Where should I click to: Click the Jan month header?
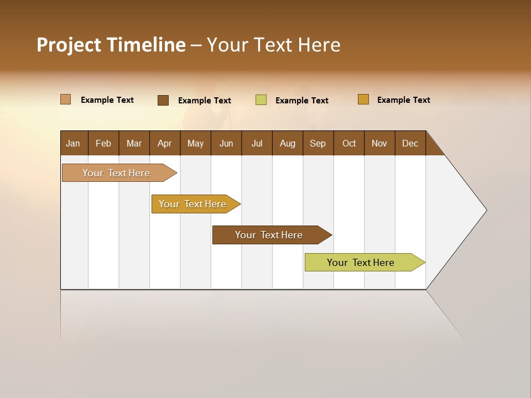pos(74,143)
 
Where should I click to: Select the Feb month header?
pos(103,143)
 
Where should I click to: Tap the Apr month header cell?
pos(165,143)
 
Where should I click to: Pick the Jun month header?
pos(226,143)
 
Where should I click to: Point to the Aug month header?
pos(288,143)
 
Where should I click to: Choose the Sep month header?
pos(318,143)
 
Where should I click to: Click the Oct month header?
pos(349,143)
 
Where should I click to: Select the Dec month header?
pos(410,143)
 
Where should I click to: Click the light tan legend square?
pos(66,99)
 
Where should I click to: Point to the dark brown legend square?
pos(163,100)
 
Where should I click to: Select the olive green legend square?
pos(261,100)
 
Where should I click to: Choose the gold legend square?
pos(363,99)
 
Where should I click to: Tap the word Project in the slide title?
pos(69,45)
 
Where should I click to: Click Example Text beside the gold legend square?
pos(404,100)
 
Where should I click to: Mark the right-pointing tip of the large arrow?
pos(485,210)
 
